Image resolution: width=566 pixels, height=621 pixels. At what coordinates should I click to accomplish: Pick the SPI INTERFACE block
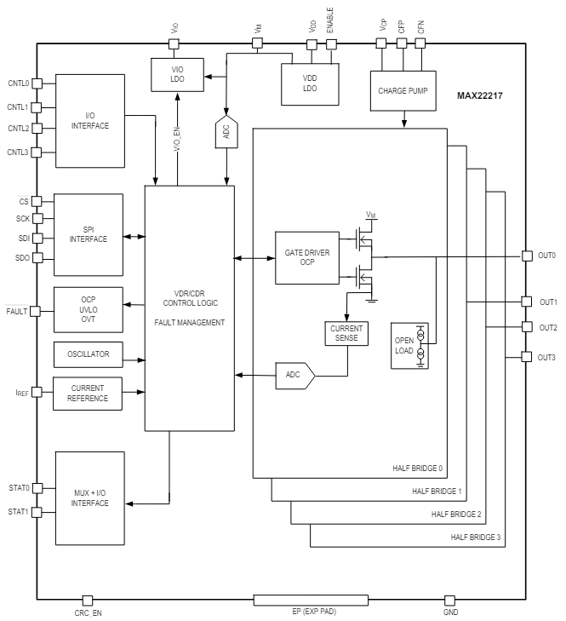89,233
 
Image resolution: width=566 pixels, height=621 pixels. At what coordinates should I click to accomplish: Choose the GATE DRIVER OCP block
307,257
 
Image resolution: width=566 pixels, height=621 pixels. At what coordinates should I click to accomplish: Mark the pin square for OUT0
526,256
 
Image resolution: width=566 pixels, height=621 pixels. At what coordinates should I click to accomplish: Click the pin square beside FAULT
36,311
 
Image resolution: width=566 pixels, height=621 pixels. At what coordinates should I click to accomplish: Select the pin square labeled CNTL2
36,129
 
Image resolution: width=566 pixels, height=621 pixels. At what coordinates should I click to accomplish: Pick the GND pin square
450,601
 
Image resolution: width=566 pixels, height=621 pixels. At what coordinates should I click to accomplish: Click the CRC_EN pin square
87,601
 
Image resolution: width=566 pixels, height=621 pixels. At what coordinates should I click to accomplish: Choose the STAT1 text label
18,512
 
